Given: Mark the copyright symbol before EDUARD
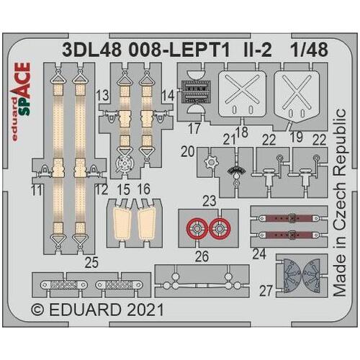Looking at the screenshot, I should pyautogui.click(x=39, y=311).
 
